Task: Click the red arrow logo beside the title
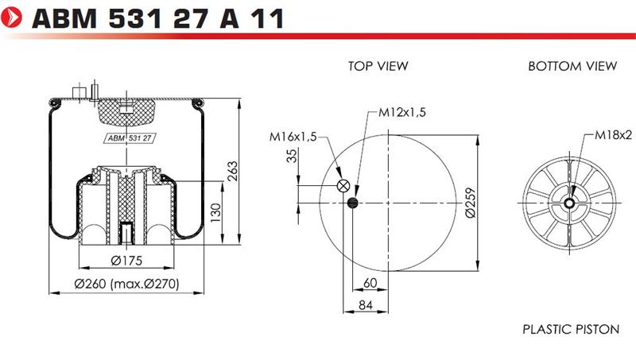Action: [x=11, y=17]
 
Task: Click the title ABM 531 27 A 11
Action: [x=157, y=18]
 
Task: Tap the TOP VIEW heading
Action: [x=378, y=66]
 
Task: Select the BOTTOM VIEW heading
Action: [x=572, y=66]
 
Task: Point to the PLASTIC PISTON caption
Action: [x=571, y=329]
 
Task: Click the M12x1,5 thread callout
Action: [x=402, y=112]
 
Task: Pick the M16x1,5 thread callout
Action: [x=293, y=137]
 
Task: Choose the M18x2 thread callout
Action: [x=613, y=135]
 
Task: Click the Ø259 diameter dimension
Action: [x=471, y=203]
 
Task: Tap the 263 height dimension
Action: [x=232, y=171]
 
